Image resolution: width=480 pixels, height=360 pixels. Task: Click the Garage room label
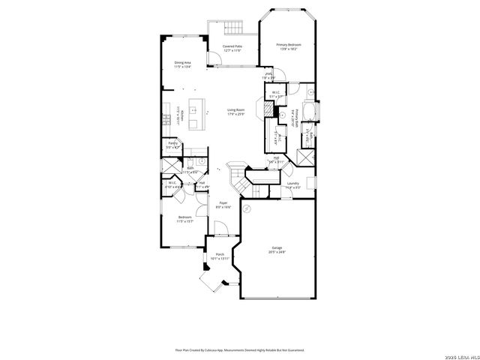click(x=277, y=250)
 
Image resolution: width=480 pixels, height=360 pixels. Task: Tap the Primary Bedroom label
click(x=289, y=47)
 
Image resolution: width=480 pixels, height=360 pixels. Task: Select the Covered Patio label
click(x=232, y=48)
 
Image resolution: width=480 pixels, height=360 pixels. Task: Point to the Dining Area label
click(x=182, y=64)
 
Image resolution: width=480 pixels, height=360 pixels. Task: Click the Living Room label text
click(x=237, y=112)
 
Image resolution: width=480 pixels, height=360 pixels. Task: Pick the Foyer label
click(x=223, y=204)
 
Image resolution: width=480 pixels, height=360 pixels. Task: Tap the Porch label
click(x=220, y=256)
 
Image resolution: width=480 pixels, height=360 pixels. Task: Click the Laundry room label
click(x=292, y=184)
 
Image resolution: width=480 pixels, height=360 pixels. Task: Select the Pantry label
click(x=172, y=144)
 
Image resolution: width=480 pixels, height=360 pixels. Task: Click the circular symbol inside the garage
click(x=247, y=209)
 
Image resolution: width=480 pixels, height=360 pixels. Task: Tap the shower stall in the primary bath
click(x=305, y=158)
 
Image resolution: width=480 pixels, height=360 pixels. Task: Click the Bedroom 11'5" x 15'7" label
click(x=184, y=219)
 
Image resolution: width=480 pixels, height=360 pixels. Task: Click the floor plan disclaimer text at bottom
click(x=240, y=349)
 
